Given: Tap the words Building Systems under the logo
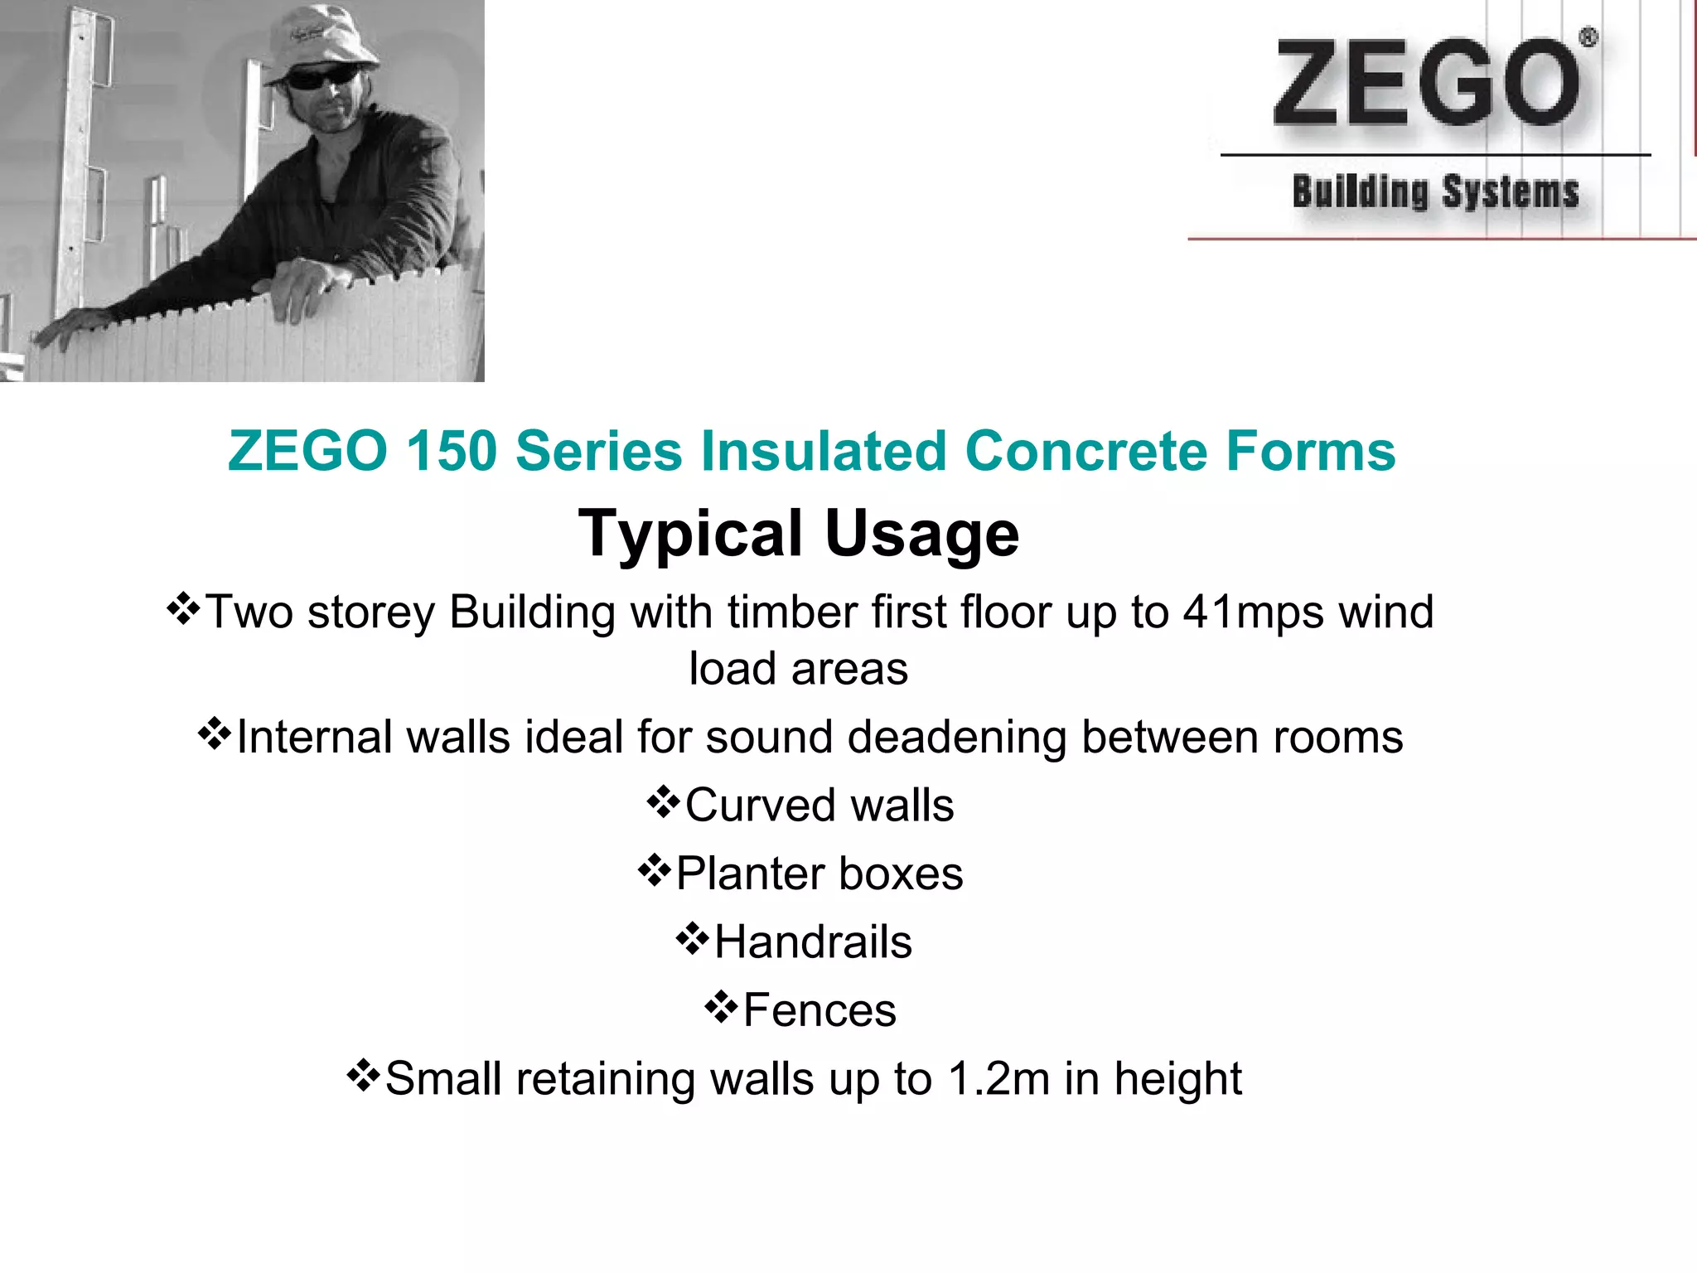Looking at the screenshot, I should pyautogui.click(x=1435, y=192).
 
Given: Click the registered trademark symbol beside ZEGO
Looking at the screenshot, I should pyautogui.click(x=1588, y=37).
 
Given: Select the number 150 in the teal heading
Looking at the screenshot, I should pyautogui.click(x=452, y=451).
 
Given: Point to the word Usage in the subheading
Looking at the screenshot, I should pyautogui.click(x=921, y=533).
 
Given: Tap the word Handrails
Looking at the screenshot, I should pyautogui.click(x=813, y=942).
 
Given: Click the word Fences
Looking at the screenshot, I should pyautogui.click(x=819, y=1010).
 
